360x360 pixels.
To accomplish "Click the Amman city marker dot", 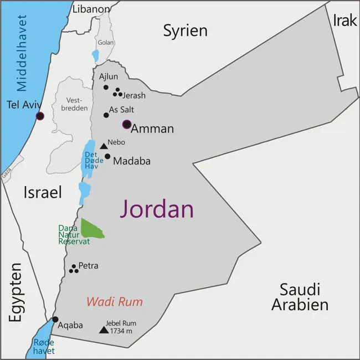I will click(127, 125).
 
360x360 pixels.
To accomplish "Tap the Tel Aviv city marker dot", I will click(40, 116).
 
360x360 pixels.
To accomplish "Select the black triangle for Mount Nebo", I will click(104, 146).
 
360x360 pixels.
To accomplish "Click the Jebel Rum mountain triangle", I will click(104, 330).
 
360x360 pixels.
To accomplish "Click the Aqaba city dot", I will click(55, 319).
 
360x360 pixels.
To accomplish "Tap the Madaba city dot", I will click(107, 156).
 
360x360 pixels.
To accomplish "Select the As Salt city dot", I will click(106, 115).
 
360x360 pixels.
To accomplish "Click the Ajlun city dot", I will click(106, 88).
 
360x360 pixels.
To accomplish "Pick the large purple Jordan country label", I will click(157, 209).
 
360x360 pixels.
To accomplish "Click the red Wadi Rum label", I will click(114, 302).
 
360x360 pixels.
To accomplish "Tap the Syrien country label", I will click(185, 30).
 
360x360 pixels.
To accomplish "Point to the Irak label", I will click(345, 20).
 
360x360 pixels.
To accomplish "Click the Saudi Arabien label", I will click(300, 297).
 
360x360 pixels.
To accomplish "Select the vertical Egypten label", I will click(15, 292).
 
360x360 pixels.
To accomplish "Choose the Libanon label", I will click(91, 9).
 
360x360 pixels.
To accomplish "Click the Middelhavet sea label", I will click(22, 53).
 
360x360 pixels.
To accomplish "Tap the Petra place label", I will click(89, 266).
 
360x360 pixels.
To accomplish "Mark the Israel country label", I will click(42, 192).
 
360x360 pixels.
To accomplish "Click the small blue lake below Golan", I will click(95, 56).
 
